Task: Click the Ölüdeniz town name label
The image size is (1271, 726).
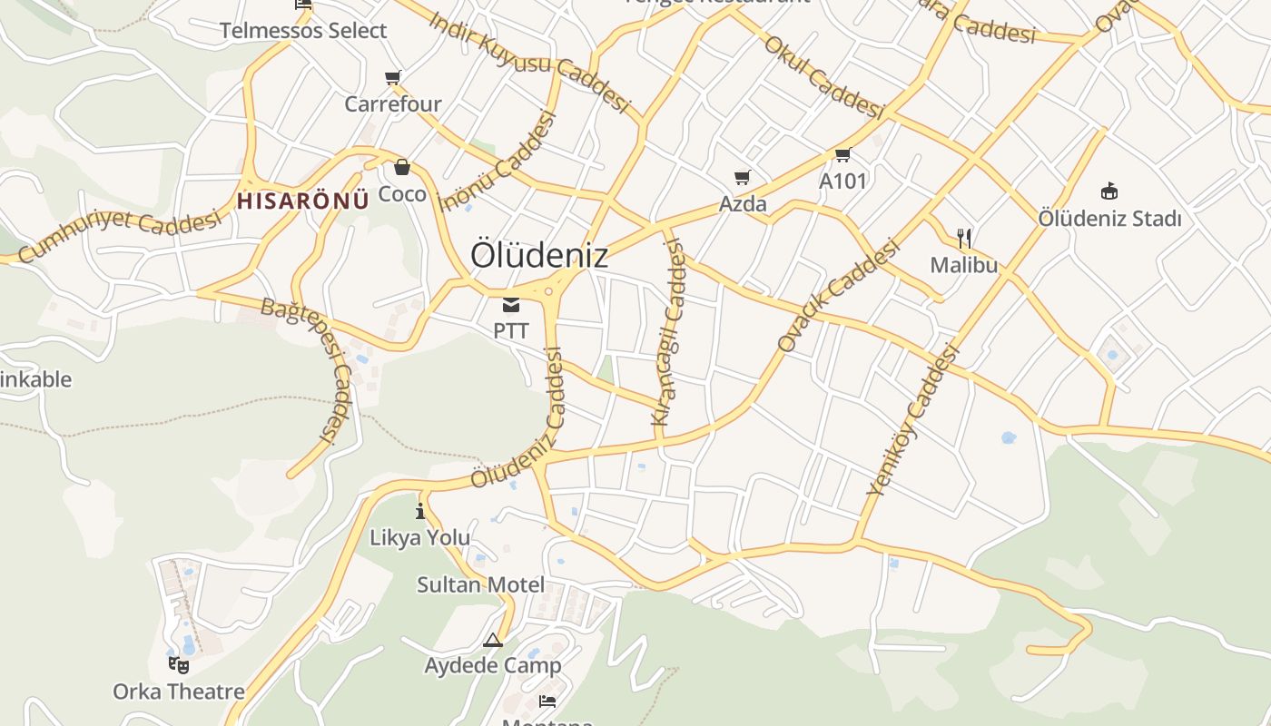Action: click(x=539, y=256)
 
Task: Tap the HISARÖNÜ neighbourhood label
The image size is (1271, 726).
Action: click(x=303, y=201)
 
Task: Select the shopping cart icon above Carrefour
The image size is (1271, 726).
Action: click(x=393, y=78)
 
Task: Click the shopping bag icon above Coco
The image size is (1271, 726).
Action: click(x=402, y=167)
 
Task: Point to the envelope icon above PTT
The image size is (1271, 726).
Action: click(x=511, y=304)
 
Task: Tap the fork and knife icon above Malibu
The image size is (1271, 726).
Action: click(x=964, y=239)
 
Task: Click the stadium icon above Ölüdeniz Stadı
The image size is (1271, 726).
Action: click(x=1109, y=191)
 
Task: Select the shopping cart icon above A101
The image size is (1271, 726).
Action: click(x=843, y=155)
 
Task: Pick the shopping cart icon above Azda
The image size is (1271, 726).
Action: click(x=743, y=178)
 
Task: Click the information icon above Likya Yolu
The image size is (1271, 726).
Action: click(x=419, y=511)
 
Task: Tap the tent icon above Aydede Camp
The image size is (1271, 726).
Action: click(x=493, y=640)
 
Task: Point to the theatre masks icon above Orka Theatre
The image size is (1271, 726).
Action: click(x=179, y=665)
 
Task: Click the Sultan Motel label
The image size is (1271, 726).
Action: click(x=480, y=584)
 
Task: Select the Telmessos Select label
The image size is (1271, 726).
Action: click(x=303, y=31)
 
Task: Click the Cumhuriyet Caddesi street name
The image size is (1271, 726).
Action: click(x=119, y=235)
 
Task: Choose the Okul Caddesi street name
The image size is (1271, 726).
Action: click(x=823, y=77)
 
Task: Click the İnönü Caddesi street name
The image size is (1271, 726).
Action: click(x=497, y=162)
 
